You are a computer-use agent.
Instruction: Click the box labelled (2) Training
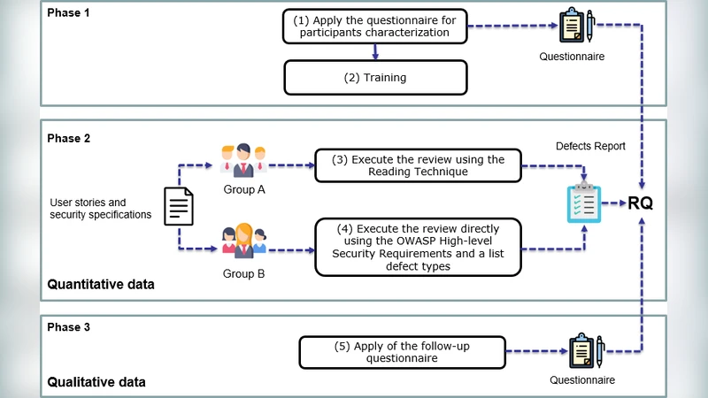coord(374,78)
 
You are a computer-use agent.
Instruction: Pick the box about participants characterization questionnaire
coord(374,27)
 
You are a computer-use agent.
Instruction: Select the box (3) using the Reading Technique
coord(418,165)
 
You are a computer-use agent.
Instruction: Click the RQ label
coord(642,203)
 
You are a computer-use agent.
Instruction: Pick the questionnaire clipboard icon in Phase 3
coord(585,352)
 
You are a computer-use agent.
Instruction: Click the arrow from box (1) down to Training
coord(374,53)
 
